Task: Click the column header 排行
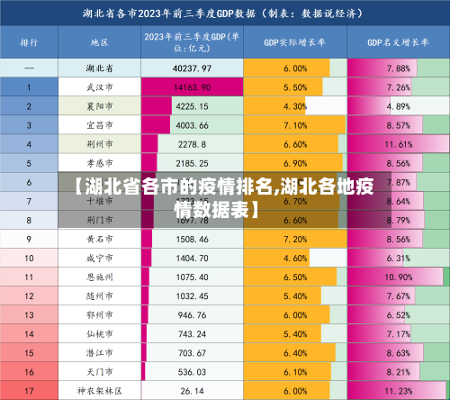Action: [29, 43]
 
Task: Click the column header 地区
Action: [99, 43]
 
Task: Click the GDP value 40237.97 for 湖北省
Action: [193, 68]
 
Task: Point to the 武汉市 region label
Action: [99, 87]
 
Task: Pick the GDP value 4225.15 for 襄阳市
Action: [193, 106]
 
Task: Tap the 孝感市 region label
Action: [99, 163]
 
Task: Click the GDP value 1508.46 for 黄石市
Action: [193, 239]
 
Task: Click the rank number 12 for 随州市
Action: [29, 295]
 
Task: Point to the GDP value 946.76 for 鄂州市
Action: [193, 314]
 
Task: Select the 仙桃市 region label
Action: [99, 333]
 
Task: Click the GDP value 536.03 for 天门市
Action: [193, 371]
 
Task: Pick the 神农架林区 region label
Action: [99, 390]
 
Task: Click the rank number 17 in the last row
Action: [29, 390]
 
